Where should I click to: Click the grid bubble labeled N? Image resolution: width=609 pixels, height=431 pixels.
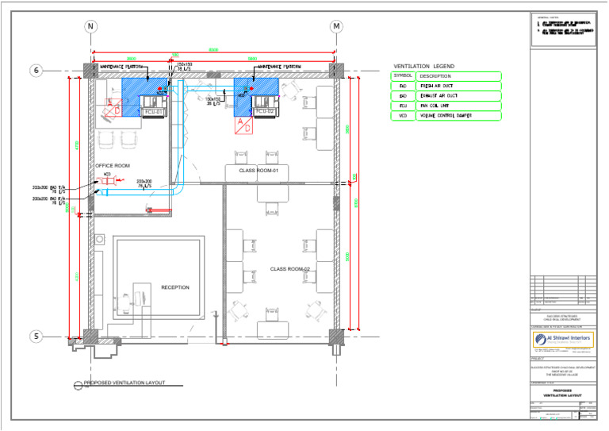pos(91,26)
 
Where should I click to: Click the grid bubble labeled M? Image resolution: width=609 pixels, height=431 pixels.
pos(337,26)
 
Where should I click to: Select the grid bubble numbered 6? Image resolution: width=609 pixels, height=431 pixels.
pos(36,71)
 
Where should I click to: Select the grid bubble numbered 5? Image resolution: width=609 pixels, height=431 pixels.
pos(36,337)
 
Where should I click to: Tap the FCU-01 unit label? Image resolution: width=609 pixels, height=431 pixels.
pos(153,112)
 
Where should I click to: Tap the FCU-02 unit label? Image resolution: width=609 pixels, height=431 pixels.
pos(264,112)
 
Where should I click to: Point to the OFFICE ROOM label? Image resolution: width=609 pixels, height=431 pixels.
pos(112,166)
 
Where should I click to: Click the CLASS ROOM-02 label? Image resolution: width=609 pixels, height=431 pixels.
pos(289,269)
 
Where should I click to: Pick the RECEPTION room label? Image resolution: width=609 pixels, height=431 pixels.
pos(175,287)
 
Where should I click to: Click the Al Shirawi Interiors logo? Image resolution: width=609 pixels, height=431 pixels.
pos(563,340)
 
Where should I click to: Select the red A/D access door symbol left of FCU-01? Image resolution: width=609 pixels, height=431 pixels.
pos(113,106)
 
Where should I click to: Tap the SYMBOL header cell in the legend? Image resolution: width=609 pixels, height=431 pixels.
pos(403,76)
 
